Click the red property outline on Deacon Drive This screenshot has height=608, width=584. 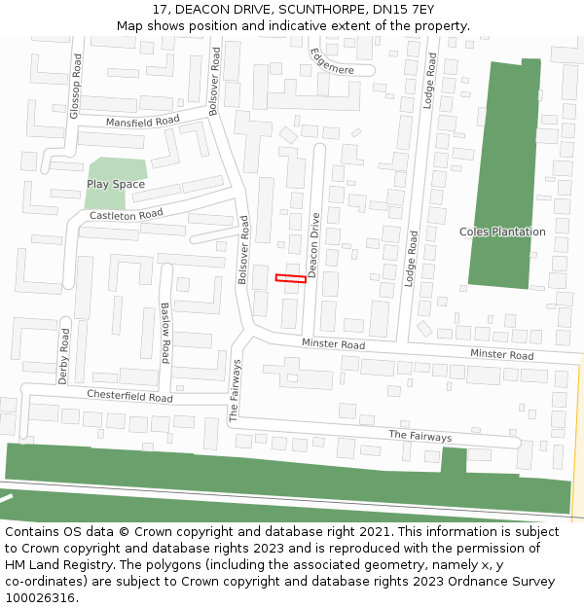coord(290,278)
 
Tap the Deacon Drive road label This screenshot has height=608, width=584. coord(314,245)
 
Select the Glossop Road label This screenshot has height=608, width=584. coord(75,86)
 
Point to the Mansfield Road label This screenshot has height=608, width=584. coord(143,122)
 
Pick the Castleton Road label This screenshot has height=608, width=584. coord(126,214)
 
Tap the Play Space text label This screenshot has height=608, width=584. coord(116,184)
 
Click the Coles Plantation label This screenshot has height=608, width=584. coord(502,232)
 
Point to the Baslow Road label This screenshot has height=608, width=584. coord(165,333)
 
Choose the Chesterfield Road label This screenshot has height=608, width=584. coord(129,396)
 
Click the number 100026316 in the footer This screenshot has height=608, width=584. coord(40,598)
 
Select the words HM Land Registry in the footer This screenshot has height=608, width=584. coord(55,565)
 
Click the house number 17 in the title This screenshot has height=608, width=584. coord(160,11)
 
